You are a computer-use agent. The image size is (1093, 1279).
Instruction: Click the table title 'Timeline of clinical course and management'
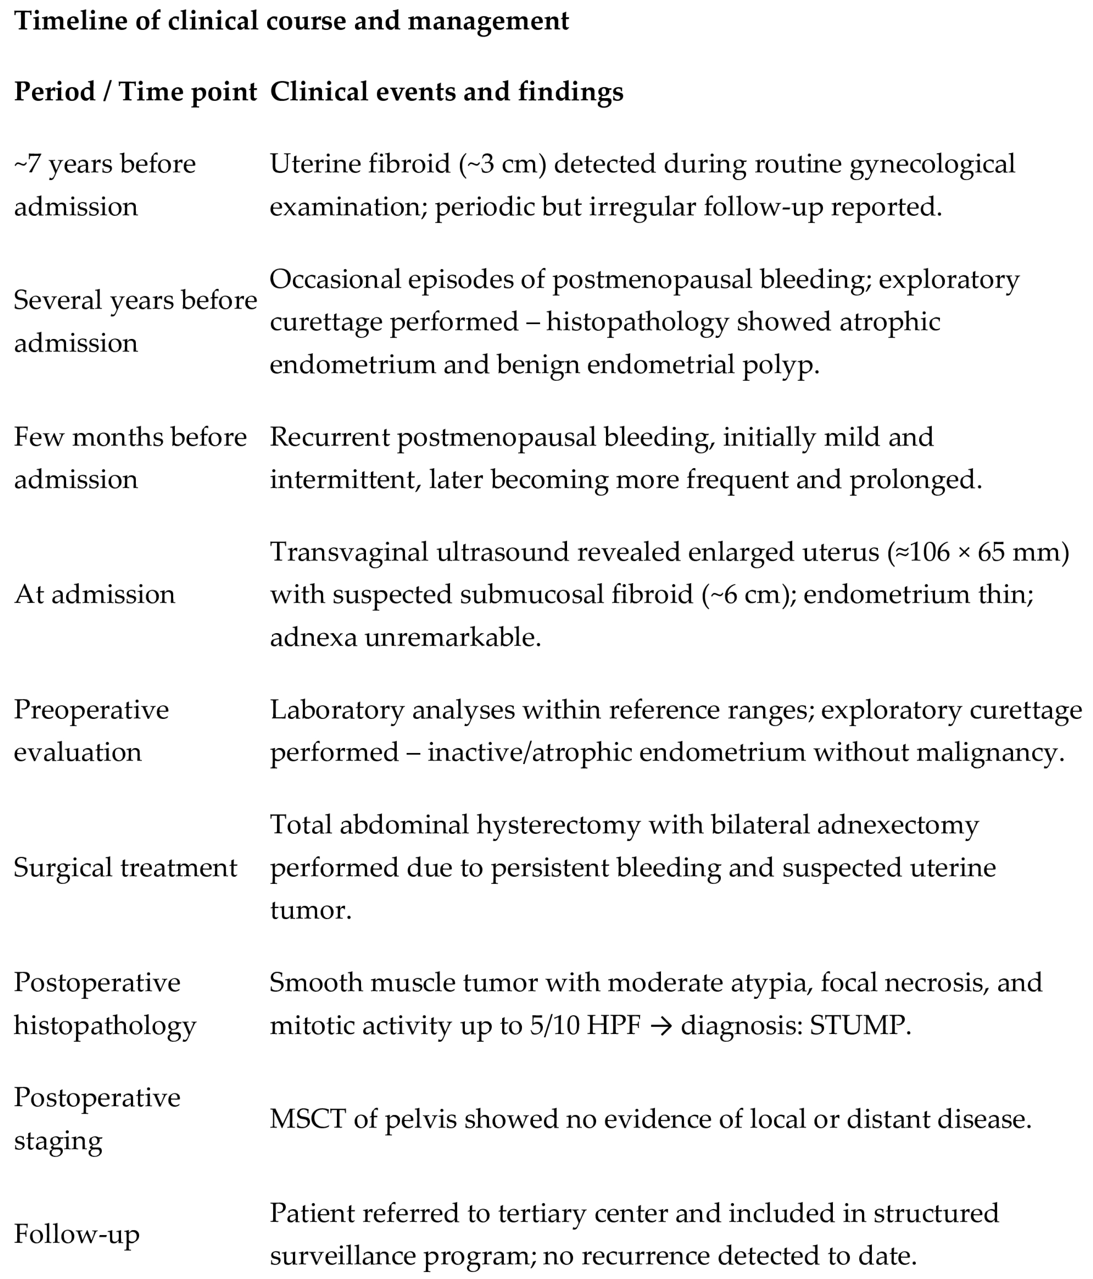click(291, 21)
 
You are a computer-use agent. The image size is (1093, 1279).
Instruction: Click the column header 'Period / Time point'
click(135, 92)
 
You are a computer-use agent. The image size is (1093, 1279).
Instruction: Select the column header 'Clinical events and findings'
click(446, 92)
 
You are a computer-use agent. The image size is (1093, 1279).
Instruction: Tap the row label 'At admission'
click(94, 595)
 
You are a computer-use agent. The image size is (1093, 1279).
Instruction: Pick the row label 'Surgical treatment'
click(125, 867)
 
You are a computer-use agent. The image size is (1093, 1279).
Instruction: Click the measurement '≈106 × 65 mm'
click(978, 552)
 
